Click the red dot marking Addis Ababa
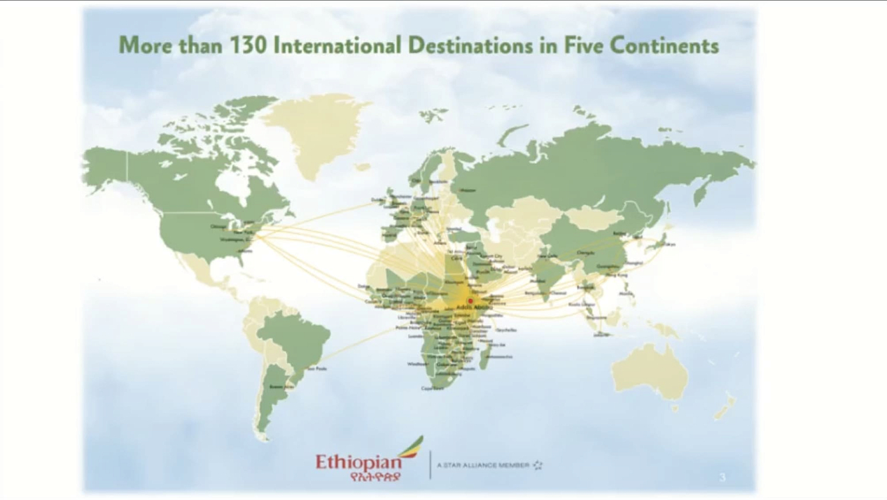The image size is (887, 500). [x=470, y=301]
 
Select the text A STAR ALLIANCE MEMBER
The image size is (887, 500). [x=483, y=465]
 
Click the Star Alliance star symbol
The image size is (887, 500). [x=538, y=465]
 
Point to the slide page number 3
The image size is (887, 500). [x=722, y=477]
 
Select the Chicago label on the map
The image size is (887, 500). [x=219, y=226]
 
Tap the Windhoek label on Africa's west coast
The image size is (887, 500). [x=417, y=363]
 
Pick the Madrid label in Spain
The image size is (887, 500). [x=389, y=235]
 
